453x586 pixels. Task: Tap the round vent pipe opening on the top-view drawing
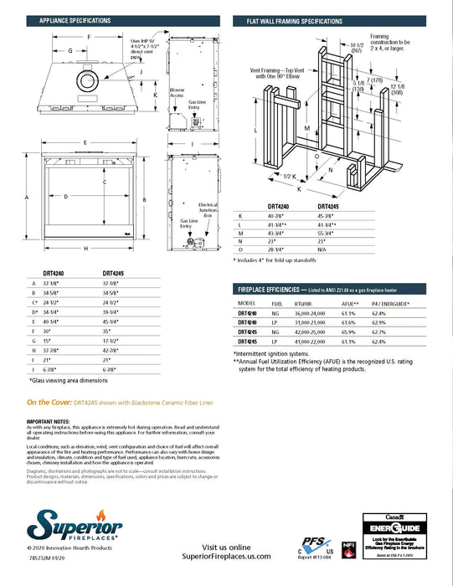(x=86, y=80)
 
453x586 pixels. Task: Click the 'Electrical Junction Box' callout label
(x=208, y=210)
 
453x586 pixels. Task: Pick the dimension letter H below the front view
(x=85, y=249)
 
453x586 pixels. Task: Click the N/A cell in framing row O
(x=323, y=249)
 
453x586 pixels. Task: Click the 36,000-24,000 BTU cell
(x=311, y=312)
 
